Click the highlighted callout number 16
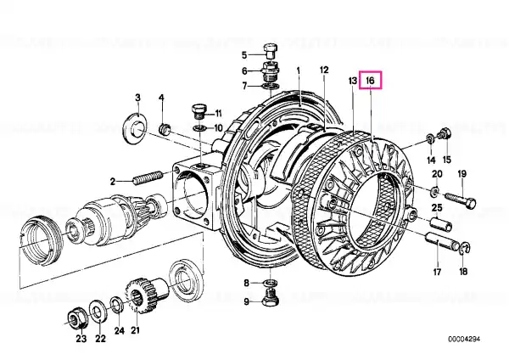(x=371, y=80)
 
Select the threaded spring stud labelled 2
(x=148, y=177)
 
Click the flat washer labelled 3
(x=136, y=128)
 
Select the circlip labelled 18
(x=465, y=249)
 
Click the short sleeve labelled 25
(x=441, y=224)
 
